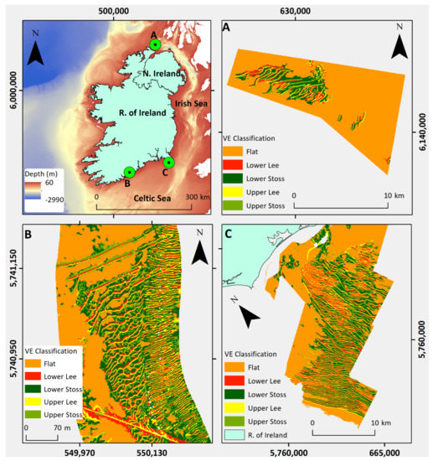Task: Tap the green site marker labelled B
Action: [129, 172]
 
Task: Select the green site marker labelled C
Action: [168, 163]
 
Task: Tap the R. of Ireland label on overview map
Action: [122, 111]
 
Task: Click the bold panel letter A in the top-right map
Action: [227, 27]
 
